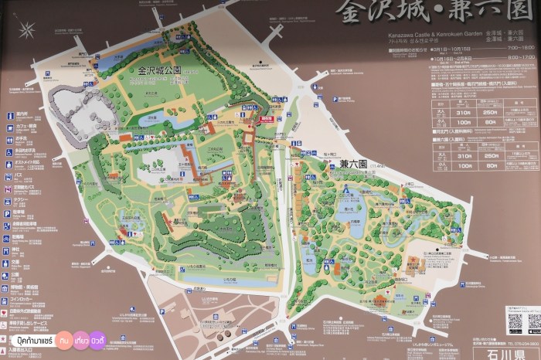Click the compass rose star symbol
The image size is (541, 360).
click(28, 31)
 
